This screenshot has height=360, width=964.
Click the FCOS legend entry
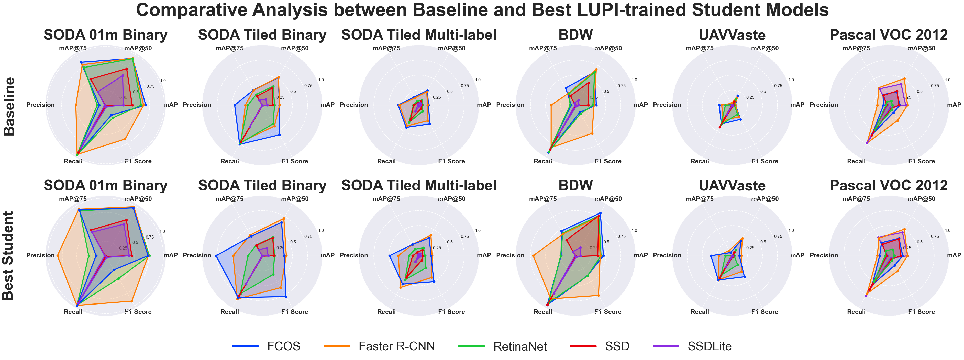pyautogui.click(x=283, y=346)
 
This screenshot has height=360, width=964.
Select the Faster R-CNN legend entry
pyautogui.click(x=396, y=346)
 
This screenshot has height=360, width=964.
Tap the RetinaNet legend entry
pyautogui.click(x=520, y=346)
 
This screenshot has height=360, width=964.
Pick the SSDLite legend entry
pyautogui.click(x=709, y=346)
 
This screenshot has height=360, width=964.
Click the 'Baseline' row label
pyautogui.click(x=9, y=106)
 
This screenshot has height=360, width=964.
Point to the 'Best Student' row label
pyautogui.click(x=8, y=256)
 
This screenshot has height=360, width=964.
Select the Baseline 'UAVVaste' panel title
pyautogui.click(x=732, y=35)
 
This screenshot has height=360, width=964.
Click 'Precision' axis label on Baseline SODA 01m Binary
pyautogui.click(x=40, y=105)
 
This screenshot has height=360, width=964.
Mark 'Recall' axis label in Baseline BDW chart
pyautogui.click(x=543, y=161)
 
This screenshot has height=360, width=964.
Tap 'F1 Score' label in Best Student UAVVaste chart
pyautogui.click(x=764, y=312)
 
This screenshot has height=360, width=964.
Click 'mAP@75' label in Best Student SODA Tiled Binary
pyautogui.click(x=229, y=199)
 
